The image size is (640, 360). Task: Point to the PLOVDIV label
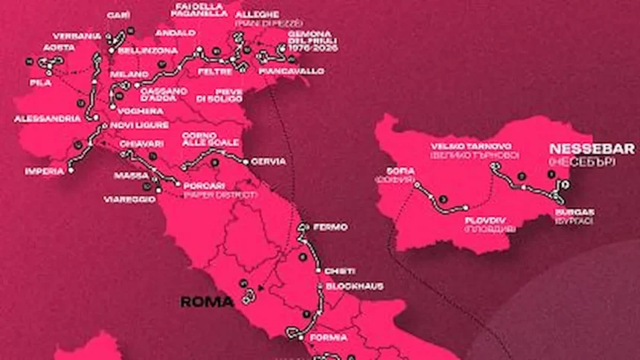click(485, 220)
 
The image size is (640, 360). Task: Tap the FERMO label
click(330, 225)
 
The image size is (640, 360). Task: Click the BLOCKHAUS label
click(349, 285)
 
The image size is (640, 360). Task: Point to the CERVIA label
click(269, 161)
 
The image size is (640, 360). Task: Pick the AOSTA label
click(60, 47)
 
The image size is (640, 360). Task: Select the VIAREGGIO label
click(129, 199)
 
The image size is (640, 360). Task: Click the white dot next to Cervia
click(246, 161)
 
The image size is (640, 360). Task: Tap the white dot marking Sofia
click(417, 184)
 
